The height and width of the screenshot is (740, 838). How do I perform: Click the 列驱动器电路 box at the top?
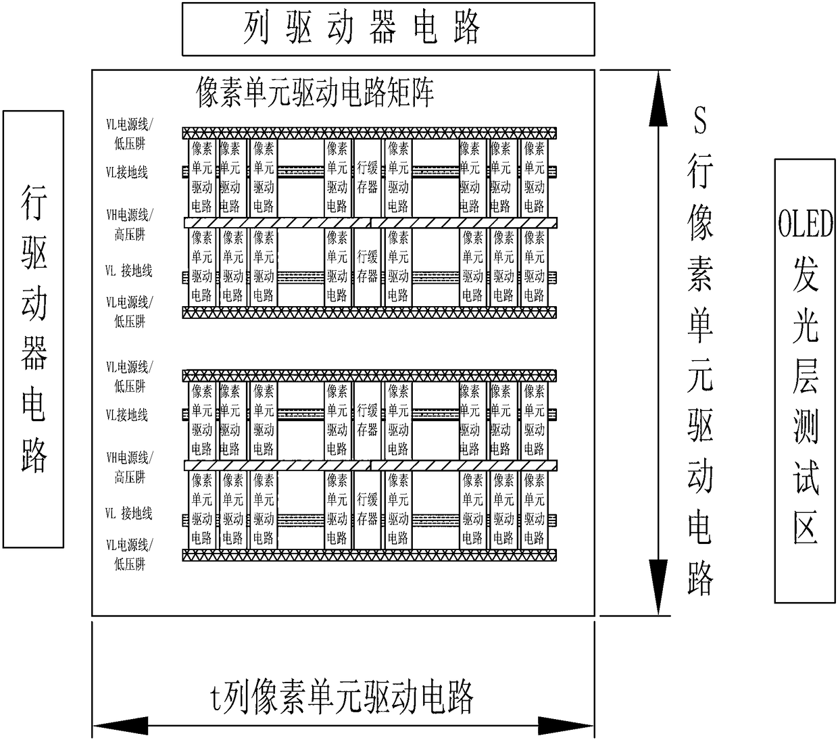pos(388,29)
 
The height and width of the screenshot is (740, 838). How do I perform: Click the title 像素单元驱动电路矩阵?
pos(314,92)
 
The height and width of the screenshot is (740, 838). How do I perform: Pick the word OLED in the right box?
pos(804,224)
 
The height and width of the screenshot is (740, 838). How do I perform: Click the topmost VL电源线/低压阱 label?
pos(129,133)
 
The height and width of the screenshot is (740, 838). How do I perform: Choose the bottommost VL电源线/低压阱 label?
pos(129,553)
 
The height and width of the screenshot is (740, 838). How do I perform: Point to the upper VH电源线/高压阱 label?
pos(129,224)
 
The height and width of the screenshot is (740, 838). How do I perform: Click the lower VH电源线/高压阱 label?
pos(129,467)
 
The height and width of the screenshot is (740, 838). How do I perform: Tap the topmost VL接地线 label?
pos(127,172)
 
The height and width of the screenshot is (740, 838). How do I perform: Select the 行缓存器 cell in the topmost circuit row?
pos(368,177)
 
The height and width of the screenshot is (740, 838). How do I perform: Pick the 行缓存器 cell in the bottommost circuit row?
pos(368,509)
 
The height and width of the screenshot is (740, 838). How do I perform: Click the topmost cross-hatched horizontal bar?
pos(370,133)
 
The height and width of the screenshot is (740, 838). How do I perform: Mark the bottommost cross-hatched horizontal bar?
pos(370,556)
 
